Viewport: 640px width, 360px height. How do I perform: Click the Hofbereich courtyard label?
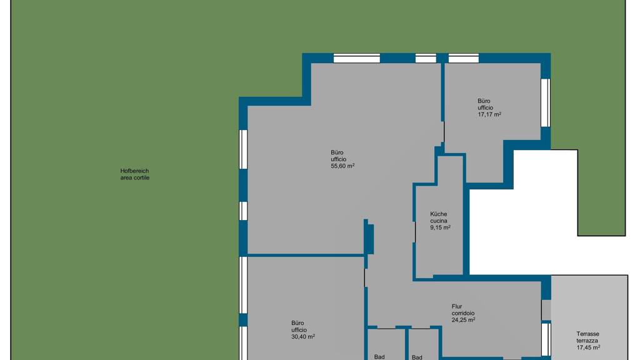point(134,171)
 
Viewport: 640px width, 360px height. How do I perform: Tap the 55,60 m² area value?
point(342,166)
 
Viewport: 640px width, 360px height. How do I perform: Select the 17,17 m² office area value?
point(489,114)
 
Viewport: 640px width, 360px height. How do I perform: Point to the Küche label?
point(438,214)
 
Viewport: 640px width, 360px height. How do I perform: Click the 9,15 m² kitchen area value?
point(440,227)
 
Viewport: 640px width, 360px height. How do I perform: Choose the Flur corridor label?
point(457,306)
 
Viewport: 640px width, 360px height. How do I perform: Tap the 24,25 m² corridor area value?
point(463,320)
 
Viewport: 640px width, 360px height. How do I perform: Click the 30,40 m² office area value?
point(303,337)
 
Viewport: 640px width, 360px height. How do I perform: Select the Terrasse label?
point(587,334)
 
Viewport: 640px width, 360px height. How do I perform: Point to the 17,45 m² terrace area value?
point(588,347)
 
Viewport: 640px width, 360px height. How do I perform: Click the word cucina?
point(438,221)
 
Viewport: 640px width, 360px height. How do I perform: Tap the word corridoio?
point(463,314)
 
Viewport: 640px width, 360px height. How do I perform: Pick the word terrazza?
point(587,341)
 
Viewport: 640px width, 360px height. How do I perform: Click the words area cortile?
point(135,178)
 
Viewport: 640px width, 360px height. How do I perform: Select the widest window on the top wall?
point(357,58)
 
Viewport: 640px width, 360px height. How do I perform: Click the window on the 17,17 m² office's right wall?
point(546,103)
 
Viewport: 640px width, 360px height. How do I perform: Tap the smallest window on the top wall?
point(426,58)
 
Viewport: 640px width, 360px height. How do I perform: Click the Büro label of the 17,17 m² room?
point(484,101)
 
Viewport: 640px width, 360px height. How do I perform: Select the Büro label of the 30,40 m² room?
point(297,323)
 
